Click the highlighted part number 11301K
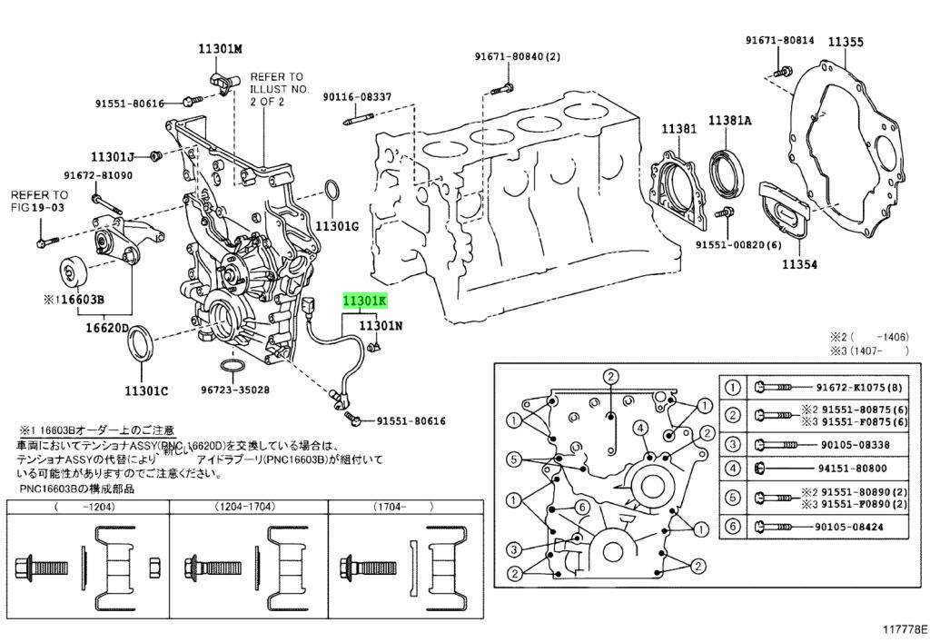coord(365,301)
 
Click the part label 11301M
coord(222,48)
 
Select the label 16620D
coord(107,328)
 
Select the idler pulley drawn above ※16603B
coord(70,272)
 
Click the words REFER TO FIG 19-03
coord(39,202)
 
